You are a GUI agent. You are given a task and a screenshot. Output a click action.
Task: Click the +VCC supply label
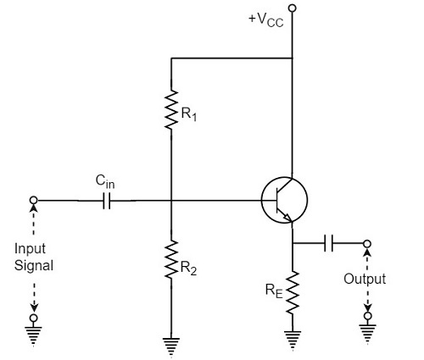[264, 19]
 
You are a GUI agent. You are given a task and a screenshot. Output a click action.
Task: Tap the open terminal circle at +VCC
[293, 9]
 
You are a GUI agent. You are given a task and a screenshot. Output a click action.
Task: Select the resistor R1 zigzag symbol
[171, 108]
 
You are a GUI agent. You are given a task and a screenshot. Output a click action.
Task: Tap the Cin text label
[105, 180]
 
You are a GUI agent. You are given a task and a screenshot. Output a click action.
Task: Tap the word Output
[365, 279]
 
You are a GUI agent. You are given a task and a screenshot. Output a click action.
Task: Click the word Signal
[34, 265]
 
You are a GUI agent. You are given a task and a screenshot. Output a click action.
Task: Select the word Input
[34, 250]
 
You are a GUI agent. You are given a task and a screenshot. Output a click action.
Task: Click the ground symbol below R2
[171, 344]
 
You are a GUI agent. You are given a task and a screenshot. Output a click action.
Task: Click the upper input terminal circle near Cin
[34, 202]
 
